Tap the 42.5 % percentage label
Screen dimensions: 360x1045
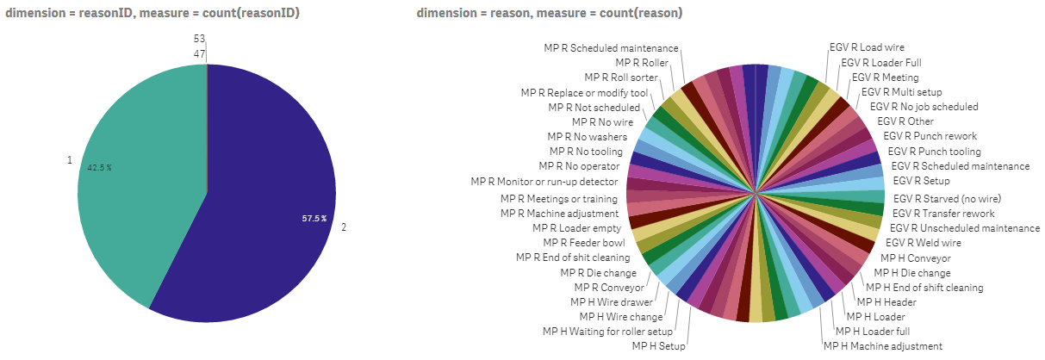point(100,168)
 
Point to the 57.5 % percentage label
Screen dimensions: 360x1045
point(314,219)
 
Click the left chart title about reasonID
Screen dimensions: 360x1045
point(152,13)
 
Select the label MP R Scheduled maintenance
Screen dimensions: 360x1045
point(611,48)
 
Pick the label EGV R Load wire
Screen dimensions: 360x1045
point(867,47)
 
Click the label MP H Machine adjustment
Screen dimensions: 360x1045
point(883,345)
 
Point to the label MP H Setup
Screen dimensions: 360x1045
point(658,345)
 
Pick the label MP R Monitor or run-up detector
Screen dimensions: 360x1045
point(544,182)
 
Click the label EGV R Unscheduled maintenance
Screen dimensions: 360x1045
point(964,228)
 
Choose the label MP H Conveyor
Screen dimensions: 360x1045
point(915,258)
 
